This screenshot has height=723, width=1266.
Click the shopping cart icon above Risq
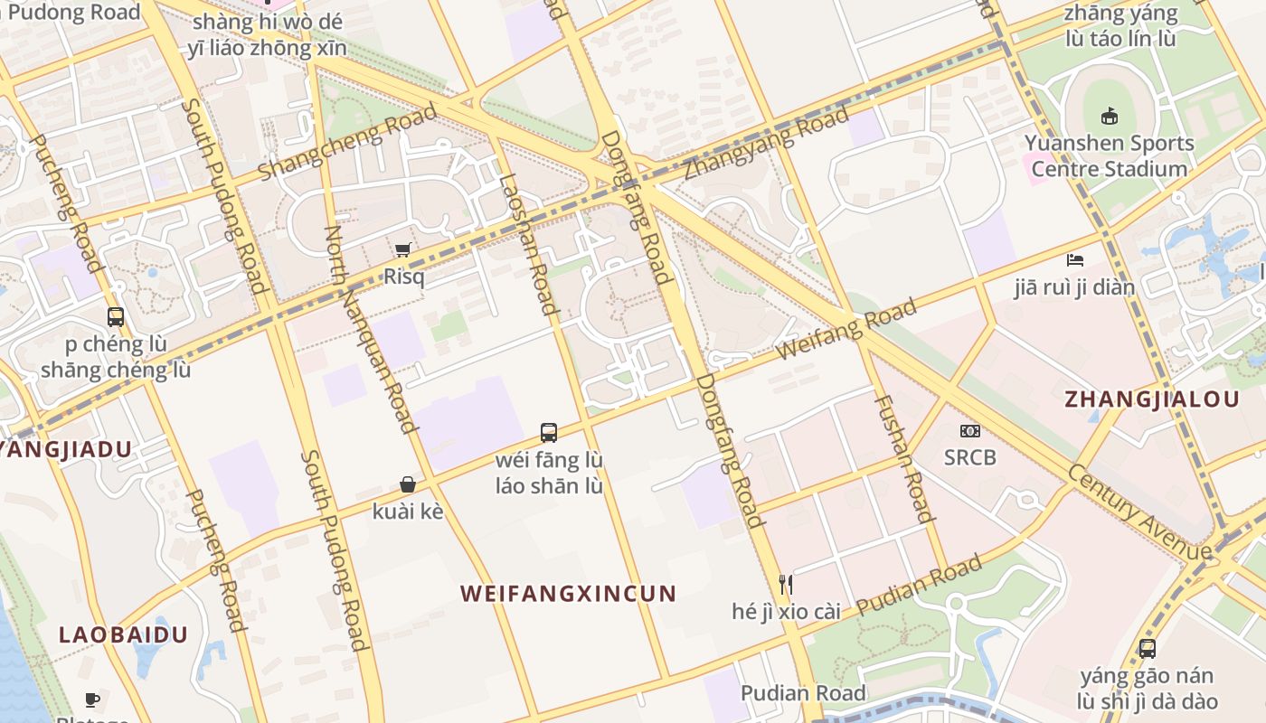point(403,249)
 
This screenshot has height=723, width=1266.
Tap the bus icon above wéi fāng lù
point(548,432)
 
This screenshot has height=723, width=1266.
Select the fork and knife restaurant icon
point(786,585)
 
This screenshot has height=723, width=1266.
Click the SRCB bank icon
point(969,431)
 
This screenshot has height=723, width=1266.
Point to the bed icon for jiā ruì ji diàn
point(1074,260)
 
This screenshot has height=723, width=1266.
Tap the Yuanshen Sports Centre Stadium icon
point(1110,116)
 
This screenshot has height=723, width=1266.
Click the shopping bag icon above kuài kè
point(408,485)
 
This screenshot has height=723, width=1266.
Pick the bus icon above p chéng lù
point(116,317)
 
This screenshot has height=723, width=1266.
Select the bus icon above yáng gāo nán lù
point(1147,649)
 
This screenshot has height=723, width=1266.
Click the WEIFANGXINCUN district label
point(568,594)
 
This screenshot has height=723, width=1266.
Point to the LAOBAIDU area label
point(123,634)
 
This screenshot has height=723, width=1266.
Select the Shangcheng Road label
point(347,142)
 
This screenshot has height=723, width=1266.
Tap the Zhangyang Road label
point(766,143)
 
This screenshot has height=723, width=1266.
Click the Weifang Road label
point(846,331)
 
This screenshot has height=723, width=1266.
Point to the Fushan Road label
point(902,458)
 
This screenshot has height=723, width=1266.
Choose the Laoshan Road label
point(527,244)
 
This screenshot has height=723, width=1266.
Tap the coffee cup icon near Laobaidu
point(92,699)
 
